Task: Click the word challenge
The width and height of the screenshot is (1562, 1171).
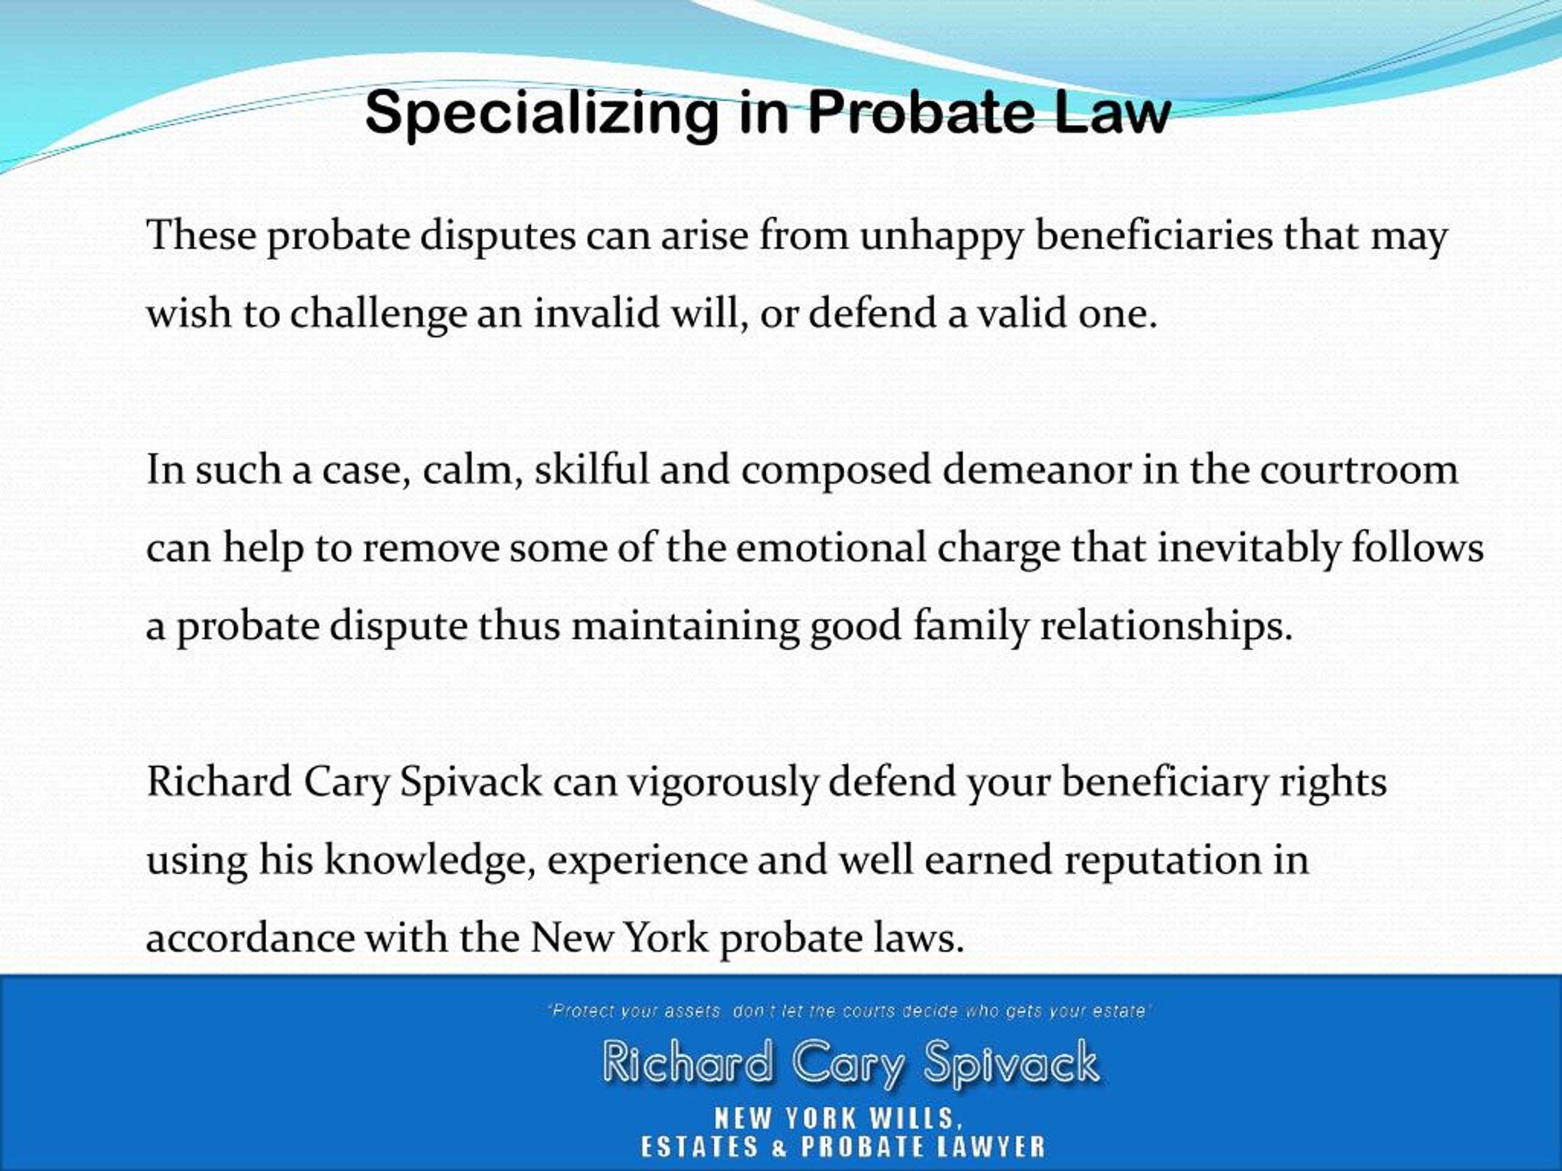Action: pyautogui.click(x=378, y=314)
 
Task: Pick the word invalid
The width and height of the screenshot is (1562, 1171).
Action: pyautogui.click(x=596, y=313)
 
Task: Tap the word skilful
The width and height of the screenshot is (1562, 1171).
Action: pyautogui.click(x=591, y=470)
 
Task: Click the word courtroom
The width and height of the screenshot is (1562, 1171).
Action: pyautogui.click(x=1359, y=470)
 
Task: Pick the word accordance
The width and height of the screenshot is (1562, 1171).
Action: pyautogui.click(x=250, y=939)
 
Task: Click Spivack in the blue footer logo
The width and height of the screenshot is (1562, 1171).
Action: pyautogui.click(x=1011, y=1063)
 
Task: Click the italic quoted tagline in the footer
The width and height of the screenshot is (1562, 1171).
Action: pyautogui.click(x=849, y=1011)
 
